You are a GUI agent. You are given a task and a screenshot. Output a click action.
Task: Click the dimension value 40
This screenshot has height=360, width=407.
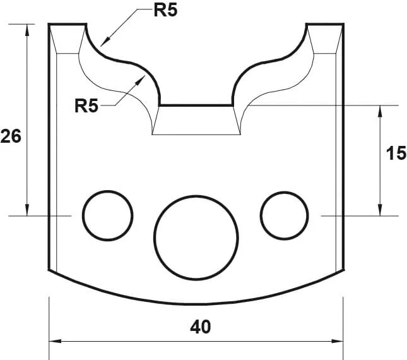click(x=200, y=327)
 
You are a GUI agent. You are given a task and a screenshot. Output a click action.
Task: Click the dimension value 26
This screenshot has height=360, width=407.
click(x=11, y=136)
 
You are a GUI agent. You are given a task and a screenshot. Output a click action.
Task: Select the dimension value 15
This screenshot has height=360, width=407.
click(x=396, y=153)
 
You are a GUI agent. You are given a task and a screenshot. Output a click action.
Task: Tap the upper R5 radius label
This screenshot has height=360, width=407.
click(x=165, y=11)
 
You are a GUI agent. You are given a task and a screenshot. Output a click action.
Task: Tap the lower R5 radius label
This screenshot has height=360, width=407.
click(x=86, y=105)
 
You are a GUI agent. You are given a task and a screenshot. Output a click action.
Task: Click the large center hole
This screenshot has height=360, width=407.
click(x=196, y=236)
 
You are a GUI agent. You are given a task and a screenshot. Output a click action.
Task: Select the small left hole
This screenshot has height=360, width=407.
click(x=108, y=215)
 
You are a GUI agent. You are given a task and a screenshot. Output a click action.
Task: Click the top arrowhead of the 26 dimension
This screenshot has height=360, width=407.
click(x=28, y=29)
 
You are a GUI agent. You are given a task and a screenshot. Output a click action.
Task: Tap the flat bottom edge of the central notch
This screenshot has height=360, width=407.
click(x=196, y=105)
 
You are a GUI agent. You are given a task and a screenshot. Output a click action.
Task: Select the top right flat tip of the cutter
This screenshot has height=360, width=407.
click(x=324, y=24)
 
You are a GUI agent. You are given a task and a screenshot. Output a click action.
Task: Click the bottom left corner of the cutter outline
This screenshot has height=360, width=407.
click(x=49, y=270)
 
